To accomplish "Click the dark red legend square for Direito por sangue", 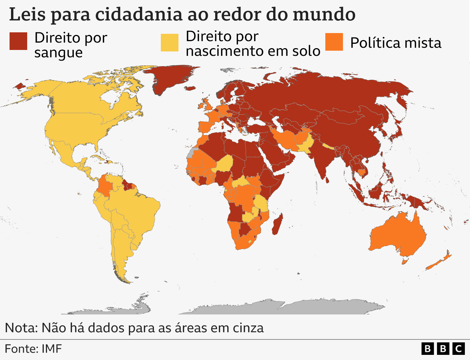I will (x=18, y=41).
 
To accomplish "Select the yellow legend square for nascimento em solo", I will (x=170, y=43).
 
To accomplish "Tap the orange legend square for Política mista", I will (x=334, y=42).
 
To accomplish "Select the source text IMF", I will (x=51, y=349).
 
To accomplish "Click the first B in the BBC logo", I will (x=427, y=348).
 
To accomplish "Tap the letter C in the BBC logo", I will (x=458, y=348).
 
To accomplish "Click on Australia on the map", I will (x=398, y=233).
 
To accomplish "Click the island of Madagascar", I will (x=277, y=224).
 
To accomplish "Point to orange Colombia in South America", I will (x=105, y=187).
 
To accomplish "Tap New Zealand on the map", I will (x=439, y=262).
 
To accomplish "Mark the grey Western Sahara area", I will (x=191, y=154).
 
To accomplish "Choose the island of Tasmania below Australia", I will (x=405, y=262).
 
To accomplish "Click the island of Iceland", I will (x=191, y=88).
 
